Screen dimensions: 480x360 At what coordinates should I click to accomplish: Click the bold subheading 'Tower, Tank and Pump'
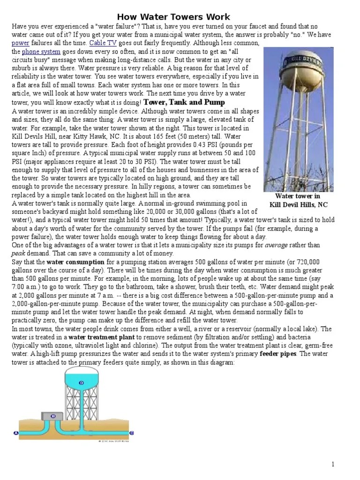pos(184,102)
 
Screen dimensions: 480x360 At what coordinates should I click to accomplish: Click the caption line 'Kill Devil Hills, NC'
pos(298,204)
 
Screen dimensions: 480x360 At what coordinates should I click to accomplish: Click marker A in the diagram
pos(17,433)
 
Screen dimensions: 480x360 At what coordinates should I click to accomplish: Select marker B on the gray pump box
pos(52,416)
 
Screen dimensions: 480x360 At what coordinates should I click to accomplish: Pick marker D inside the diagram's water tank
pos(82,383)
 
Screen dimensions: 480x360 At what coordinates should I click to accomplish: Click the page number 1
pos(333,464)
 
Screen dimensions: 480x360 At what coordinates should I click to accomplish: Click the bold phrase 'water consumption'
pos(75,262)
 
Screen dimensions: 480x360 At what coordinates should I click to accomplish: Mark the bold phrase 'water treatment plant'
pos(95,337)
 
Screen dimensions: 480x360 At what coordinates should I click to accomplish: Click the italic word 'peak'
pos(18,253)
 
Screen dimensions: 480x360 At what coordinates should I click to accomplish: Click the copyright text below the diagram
pos(113,441)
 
